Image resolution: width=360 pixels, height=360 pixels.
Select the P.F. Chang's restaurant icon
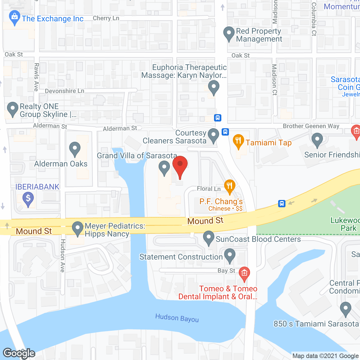coord(230,186)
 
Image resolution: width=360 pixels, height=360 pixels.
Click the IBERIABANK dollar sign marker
coord(28,199)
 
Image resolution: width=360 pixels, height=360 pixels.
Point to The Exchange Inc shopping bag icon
coord(14,18)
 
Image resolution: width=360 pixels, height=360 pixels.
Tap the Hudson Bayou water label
coord(177,318)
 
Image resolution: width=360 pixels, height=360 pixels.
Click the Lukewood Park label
coord(345,224)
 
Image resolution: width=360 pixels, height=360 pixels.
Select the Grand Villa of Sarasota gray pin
coord(164,168)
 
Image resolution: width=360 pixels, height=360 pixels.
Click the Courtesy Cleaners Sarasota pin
coord(213,135)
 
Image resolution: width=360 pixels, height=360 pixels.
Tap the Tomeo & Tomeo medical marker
coord(244,274)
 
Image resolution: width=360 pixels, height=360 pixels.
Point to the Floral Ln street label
coord(209,188)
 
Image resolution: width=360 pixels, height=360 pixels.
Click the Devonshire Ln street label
coord(64,91)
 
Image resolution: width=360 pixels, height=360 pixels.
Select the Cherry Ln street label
coord(106,18)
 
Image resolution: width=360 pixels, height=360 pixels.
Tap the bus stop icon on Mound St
coord(282,204)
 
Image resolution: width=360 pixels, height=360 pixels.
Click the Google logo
coord(19,353)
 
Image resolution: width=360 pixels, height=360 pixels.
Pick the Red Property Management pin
coord(229,33)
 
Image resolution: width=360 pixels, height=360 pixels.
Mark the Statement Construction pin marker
coord(230,255)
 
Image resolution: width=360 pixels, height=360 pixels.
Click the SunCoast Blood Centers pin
coord(209,238)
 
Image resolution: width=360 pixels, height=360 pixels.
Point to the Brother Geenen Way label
coord(311,126)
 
